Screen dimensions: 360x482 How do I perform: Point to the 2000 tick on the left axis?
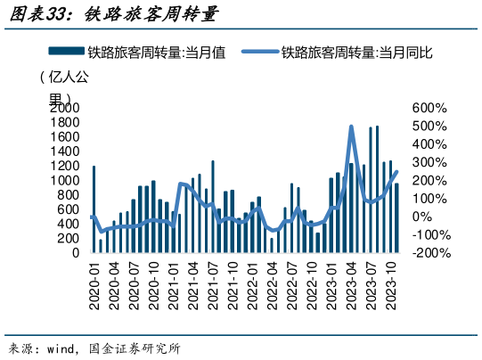click(67, 108)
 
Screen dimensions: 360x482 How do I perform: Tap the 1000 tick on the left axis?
click(67, 180)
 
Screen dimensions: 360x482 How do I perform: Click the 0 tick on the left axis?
click(77, 253)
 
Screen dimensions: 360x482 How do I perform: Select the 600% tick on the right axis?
click(429, 108)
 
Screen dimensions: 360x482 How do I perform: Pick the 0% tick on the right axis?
click(422, 217)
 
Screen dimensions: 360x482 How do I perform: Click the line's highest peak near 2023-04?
click(351, 127)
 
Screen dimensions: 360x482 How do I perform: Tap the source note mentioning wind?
click(94, 348)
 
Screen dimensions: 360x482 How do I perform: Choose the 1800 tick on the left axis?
click(67, 122)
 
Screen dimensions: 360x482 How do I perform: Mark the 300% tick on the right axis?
click(429, 162)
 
